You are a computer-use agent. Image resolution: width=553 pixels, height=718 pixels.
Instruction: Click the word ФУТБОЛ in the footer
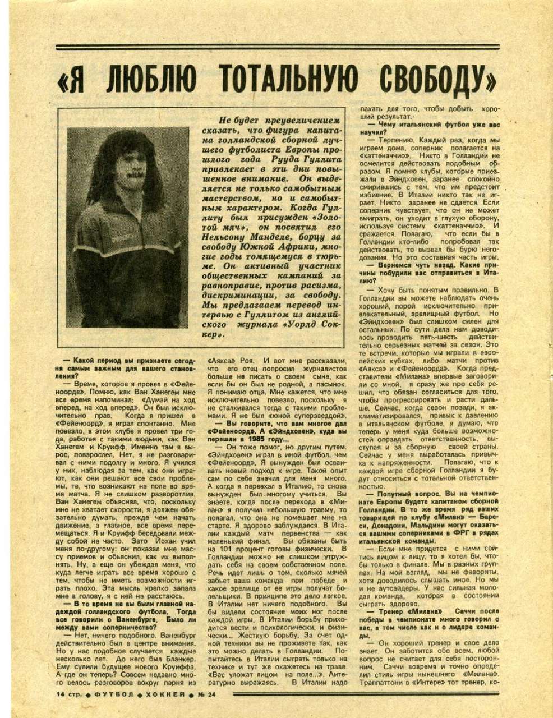click(x=111, y=694)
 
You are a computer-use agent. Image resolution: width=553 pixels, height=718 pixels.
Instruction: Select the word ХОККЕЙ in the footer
click(x=163, y=694)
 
